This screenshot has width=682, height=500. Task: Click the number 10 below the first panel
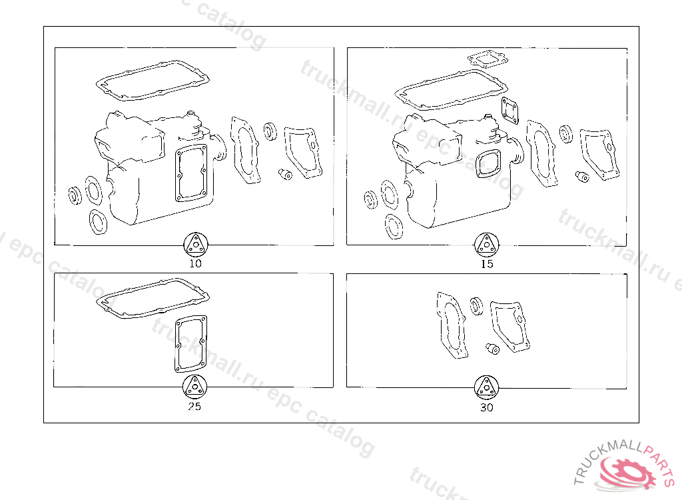click(195, 263)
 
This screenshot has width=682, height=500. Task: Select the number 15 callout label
click(487, 264)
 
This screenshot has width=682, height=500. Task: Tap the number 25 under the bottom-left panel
click(194, 407)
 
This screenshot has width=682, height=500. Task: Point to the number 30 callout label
click(487, 407)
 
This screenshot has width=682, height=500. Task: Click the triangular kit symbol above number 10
click(196, 245)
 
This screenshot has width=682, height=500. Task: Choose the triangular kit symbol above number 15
click(486, 245)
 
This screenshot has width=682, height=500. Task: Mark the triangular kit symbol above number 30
click(486, 387)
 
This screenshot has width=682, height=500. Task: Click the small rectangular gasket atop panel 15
click(488, 60)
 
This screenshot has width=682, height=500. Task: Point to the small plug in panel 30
click(492, 349)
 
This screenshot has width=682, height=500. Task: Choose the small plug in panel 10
click(285, 174)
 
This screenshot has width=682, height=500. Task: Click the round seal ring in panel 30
click(477, 306)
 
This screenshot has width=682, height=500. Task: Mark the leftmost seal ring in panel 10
click(75, 195)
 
